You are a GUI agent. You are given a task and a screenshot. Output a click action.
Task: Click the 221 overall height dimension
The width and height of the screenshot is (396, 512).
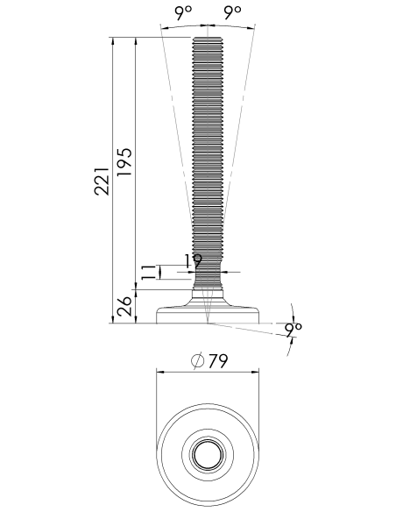click(x=102, y=181)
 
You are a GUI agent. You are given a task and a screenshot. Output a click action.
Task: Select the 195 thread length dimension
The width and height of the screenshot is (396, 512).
click(x=124, y=162)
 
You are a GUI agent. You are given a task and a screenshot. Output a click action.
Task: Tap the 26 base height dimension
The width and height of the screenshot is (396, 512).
click(x=124, y=306)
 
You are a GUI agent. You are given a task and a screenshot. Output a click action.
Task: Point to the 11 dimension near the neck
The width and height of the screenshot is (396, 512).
click(x=148, y=273)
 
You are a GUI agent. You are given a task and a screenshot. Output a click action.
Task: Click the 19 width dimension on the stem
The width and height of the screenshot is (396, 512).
click(x=193, y=261)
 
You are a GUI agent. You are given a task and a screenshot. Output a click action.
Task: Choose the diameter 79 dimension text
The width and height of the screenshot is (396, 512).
click(x=218, y=360)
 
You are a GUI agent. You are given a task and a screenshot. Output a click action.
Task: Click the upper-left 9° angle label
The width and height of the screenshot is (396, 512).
click(x=184, y=12)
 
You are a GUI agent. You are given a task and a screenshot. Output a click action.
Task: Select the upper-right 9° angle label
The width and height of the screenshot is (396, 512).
click(x=233, y=12)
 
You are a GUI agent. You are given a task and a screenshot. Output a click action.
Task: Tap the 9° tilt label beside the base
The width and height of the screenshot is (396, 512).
click(x=293, y=331)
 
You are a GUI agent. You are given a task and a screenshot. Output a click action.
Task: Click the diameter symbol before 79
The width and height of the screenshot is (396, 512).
click(x=198, y=361)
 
